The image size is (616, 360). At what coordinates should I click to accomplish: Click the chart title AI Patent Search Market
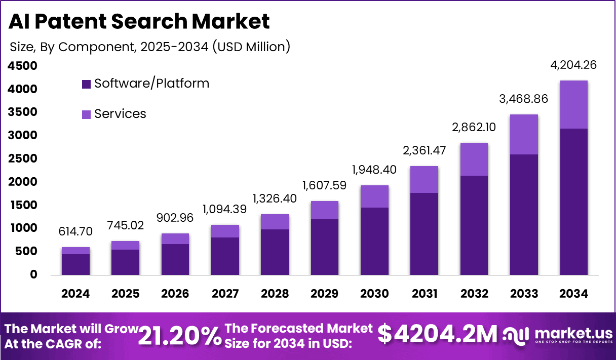[x=139, y=21]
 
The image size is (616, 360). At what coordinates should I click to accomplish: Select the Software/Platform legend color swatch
[x=86, y=84]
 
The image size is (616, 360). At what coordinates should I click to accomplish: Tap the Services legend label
[x=120, y=114]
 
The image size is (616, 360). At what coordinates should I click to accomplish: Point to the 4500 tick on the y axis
[x=22, y=66]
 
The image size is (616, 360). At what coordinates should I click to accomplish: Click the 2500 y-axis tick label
[x=22, y=158]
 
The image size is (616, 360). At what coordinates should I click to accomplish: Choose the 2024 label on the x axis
[x=75, y=294]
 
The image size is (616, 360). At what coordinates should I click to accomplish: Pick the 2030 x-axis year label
[x=374, y=294]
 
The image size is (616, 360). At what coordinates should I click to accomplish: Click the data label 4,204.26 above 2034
[x=573, y=65]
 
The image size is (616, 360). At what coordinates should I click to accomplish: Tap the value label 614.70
[x=75, y=231]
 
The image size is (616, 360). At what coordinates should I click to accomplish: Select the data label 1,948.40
[x=374, y=170]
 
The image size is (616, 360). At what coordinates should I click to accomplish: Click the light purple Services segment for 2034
[x=573, y=104]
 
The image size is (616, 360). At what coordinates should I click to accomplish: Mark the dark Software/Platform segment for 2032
[x=474, y=225]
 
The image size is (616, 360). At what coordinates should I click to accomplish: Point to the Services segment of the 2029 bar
[x=325, y=210]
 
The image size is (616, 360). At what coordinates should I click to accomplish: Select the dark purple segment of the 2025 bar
[x=125, y=262]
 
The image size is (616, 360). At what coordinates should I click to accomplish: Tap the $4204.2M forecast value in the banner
[x=438, y=334]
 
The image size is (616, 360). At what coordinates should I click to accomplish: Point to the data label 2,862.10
[x=474, y=127]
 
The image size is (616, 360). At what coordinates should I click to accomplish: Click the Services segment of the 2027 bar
[x=225, y=231]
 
